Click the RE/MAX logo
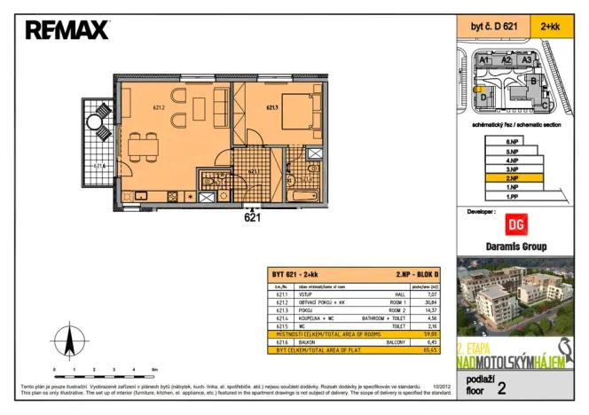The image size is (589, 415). pos(67,31)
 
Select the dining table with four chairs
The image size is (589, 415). pos(143,149)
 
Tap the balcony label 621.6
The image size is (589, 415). pos(99,165)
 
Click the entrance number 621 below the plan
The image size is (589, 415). pos(252,216)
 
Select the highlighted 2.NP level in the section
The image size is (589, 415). pos(512,178)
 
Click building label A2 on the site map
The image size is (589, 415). pos(507,59)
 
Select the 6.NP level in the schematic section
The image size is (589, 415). pos(512,142)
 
